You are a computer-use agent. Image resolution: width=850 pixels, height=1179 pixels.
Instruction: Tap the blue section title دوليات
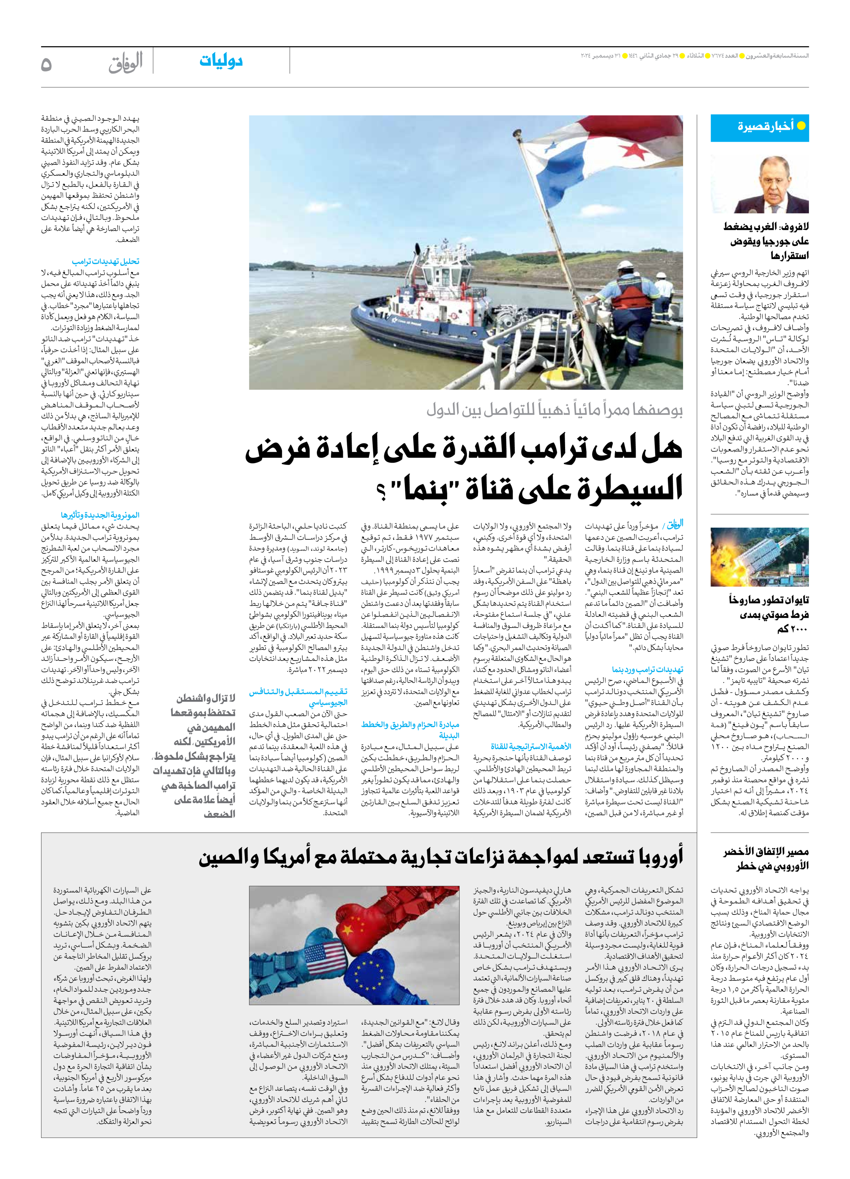pyautogui.click(x=221, y=61)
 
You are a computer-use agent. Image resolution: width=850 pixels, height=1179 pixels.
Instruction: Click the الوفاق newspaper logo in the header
pyautogui.click(x=125, y=64)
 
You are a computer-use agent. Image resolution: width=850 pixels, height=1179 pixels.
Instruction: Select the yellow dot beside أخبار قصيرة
pyautogui.click(x=801, y=126)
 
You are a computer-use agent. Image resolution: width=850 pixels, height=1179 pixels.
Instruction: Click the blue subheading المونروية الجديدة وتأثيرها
pyautogui.click(x=100, y=515)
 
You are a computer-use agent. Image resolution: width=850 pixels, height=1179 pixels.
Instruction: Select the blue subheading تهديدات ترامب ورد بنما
pyautogui.click(x=647, y=669)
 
